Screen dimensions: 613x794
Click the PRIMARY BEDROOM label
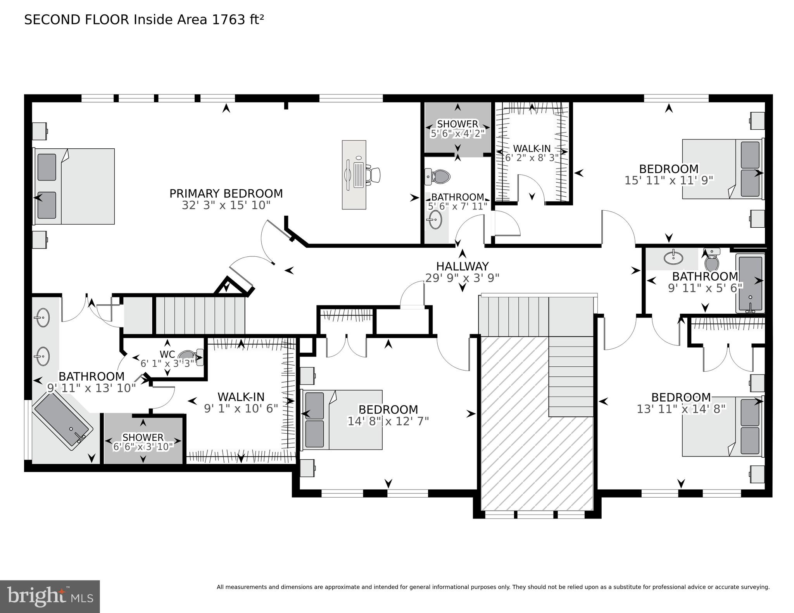click(x=226, y=193)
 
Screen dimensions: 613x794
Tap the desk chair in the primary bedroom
click(x=375, y=175)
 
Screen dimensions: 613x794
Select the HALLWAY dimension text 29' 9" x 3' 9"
click(x=462, y=278)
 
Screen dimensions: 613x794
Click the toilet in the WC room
click(x=190, y=355)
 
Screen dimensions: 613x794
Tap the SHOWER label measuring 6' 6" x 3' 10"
click(x=143, y=437)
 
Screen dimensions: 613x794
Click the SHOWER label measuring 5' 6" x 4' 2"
click(x=457, y=124)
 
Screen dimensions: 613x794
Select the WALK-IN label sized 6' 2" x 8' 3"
click(x=532, y=148)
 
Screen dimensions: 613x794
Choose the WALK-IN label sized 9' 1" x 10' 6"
click(x=241, y=397)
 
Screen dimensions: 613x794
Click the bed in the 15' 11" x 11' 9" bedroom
click(x=721, y=169)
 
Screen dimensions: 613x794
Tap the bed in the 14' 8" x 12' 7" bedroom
click(x=341, y=420)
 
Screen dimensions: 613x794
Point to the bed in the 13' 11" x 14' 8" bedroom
click(x=721, y=426)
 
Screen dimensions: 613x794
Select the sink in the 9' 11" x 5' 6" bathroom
click(x=673, y=257)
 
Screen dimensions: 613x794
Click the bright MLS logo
click(x=50, y=596)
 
